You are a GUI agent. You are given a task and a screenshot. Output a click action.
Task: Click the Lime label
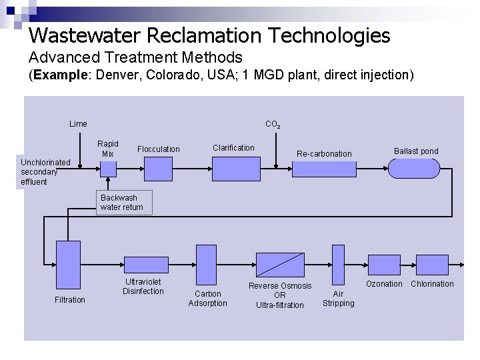(78, 123)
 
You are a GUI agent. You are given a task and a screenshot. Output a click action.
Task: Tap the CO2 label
(273, 125)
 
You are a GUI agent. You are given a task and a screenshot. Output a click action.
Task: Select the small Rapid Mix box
(108, 169)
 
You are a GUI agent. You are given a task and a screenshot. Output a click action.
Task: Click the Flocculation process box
(159, 169)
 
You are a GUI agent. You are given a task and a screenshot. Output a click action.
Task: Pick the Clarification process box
(235, 169)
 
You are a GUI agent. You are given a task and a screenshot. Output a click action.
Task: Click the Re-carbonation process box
(324, 169)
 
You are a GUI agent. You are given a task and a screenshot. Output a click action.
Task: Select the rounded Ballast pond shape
(415, 169)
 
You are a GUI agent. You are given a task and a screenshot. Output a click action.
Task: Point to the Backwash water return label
(122, 203)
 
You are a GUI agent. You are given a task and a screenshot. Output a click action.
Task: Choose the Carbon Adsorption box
(206, 264)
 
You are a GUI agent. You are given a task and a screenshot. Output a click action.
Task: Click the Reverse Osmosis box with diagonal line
(280, 265)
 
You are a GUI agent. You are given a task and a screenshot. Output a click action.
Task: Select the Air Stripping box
(338, 264)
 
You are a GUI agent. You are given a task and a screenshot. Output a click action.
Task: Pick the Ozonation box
(384, 265)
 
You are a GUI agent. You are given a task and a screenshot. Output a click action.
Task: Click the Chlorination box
(432, 265)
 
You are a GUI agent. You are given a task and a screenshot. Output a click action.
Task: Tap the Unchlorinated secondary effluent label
(45, 172)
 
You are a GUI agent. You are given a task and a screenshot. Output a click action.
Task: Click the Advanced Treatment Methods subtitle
(135, 57)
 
